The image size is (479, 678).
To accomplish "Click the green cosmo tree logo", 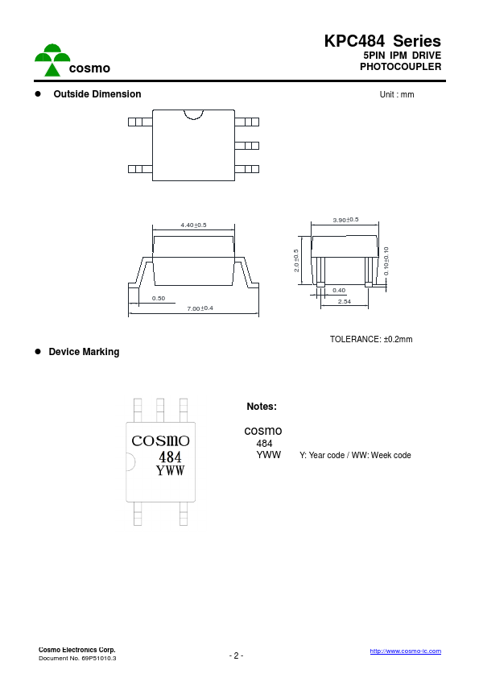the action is point(52,60).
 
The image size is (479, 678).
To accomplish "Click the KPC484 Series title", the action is point(382,41).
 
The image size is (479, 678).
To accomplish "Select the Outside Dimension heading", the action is point(97,94).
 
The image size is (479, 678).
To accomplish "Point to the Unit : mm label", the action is point(397,94).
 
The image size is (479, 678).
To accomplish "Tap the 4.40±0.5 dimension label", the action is point(193,225).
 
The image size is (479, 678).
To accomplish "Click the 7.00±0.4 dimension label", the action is point(200,308).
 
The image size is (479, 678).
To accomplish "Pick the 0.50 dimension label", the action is point(159,298).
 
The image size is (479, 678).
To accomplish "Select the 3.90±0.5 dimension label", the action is point(345,220).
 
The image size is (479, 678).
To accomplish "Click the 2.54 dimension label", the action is point(344,301).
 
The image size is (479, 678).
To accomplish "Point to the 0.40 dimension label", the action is point(339,290).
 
